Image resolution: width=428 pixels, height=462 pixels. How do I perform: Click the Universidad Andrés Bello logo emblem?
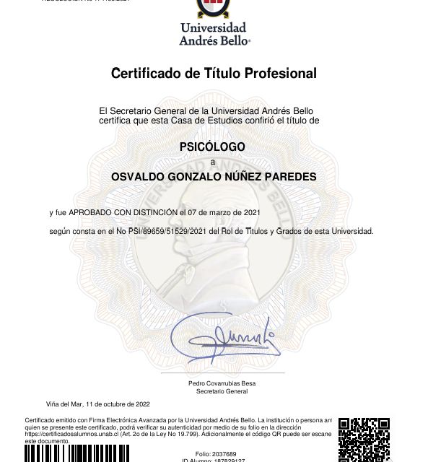click(x=214, y=8)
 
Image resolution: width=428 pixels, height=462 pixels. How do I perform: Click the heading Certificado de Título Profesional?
click(x=214, y=73)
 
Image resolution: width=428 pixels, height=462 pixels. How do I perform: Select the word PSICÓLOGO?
click(x=212, y=147)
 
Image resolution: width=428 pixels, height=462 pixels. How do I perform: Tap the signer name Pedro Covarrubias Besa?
click(x=217, y=383)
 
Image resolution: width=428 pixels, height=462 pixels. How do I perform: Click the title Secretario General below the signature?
click(x=217, y=391)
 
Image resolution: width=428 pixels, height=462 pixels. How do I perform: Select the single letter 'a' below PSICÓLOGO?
click(x=212, y=162)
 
